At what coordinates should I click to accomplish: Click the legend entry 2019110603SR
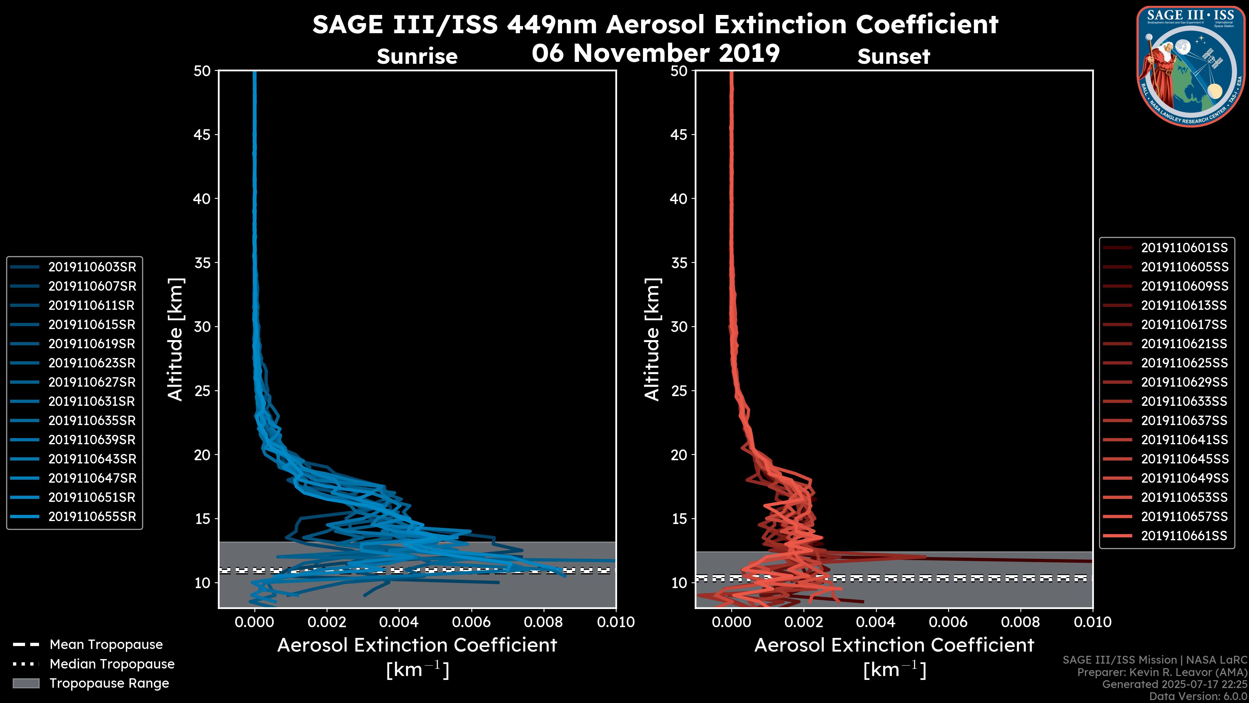[x=92, y=267]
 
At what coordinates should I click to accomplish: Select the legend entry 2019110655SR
[x=92, y=517]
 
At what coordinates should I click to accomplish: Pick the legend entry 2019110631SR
[x=92, y=402]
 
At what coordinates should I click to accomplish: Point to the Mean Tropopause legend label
[x=106, y=645]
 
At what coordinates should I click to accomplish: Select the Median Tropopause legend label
[x=112, y=664]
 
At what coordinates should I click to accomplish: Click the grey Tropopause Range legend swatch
[x=26, y=683]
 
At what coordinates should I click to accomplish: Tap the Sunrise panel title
[x=417, y=57]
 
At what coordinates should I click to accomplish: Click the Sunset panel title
[x=893, y=57]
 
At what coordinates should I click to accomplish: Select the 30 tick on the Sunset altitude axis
[x=679, y=326]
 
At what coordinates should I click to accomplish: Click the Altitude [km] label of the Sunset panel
[x=652, y=339]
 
